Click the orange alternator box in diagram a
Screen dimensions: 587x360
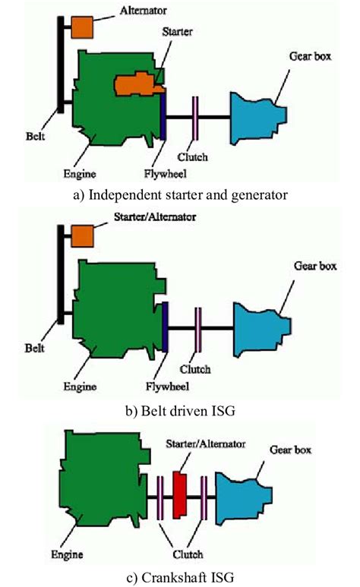[81, 27]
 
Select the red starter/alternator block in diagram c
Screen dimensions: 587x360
[180, 493]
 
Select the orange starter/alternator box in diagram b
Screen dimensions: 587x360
[81, 235]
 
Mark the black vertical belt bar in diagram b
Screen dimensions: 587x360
[59, 273]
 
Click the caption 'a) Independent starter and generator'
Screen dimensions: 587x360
[179, 194]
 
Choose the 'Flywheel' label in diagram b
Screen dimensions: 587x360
[162, 384]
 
